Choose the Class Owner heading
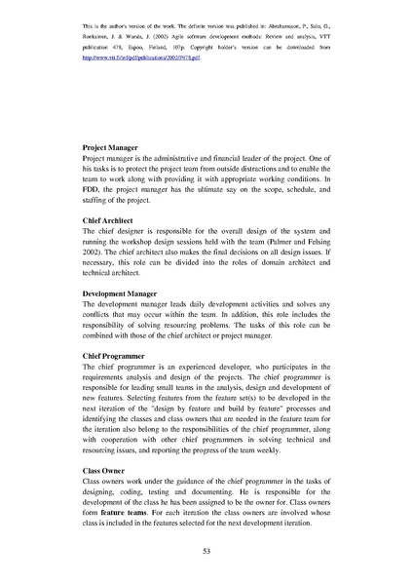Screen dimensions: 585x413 (105, 470)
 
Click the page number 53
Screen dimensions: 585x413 (206, 552)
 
